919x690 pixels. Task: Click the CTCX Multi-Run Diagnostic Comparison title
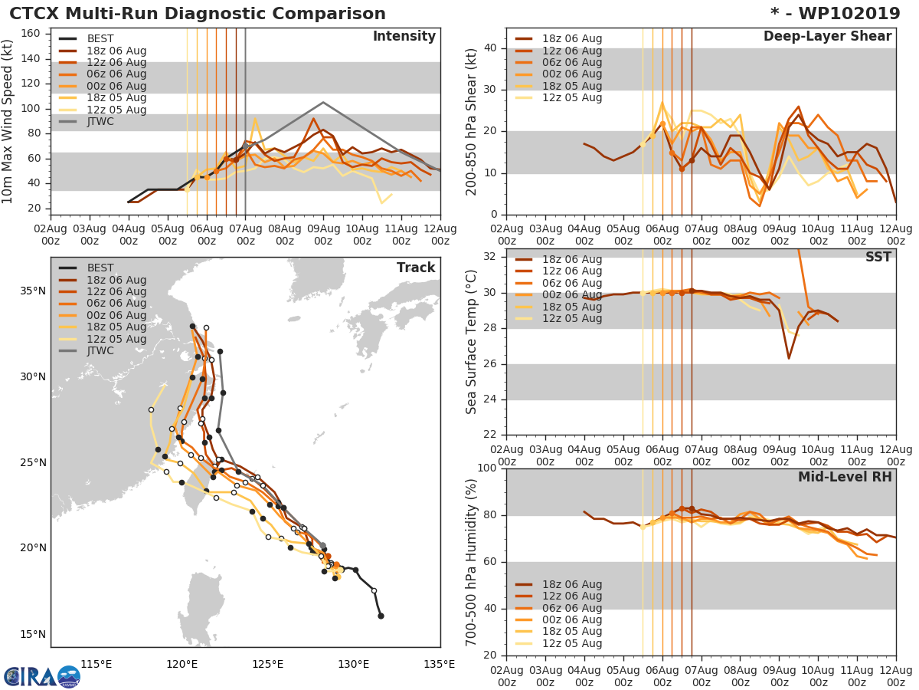click(198, 14)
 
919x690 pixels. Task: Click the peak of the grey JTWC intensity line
click(323, 102)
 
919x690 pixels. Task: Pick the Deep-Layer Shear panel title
click(827, 37)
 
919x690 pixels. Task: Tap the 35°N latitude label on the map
click(33, 291)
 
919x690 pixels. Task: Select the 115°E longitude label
click(96, 663)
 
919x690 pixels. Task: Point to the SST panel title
click(878, 257)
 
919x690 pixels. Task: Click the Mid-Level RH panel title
click(845, 477)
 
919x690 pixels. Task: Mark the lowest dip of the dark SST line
click(789, 358)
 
